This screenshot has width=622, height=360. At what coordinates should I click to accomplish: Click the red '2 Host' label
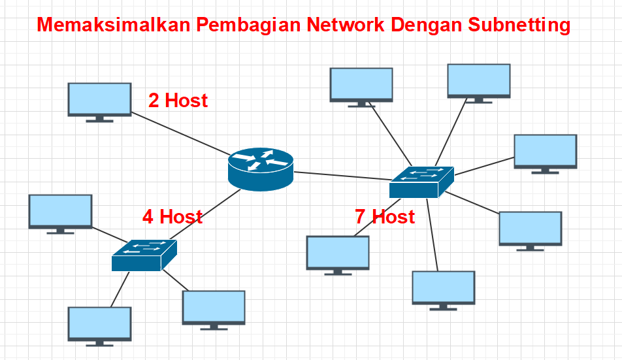coord(178,101)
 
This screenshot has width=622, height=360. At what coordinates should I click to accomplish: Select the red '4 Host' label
coord(172,217)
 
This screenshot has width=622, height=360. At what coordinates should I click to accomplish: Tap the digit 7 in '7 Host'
coord(360,217)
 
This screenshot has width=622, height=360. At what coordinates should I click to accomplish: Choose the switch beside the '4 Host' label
coord(144,255)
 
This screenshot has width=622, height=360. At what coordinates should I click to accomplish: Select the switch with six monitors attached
coord(421,182)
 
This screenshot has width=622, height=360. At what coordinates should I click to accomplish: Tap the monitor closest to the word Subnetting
coord(478,80)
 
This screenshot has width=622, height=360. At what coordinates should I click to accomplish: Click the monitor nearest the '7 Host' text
coord(338,253)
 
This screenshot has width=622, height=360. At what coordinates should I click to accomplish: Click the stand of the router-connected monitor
coord(99,119)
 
